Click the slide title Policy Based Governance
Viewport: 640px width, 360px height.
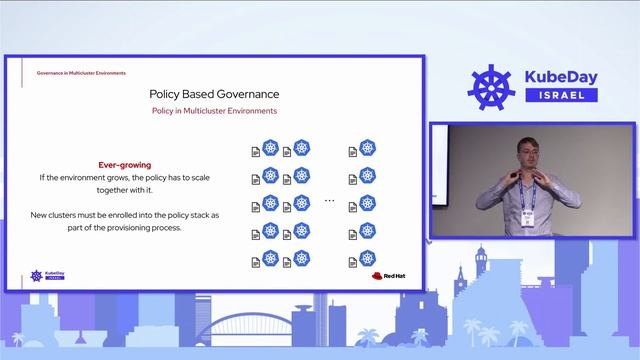pos(213,93)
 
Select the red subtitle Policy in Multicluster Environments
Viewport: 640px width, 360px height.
pos(213,111)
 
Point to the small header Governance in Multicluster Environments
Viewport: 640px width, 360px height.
pos(81,73)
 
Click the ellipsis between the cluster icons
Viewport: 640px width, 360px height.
pos(329,201)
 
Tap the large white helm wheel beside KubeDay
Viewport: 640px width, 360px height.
pos(491,88)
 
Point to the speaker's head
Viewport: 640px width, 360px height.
pos(529,148)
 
